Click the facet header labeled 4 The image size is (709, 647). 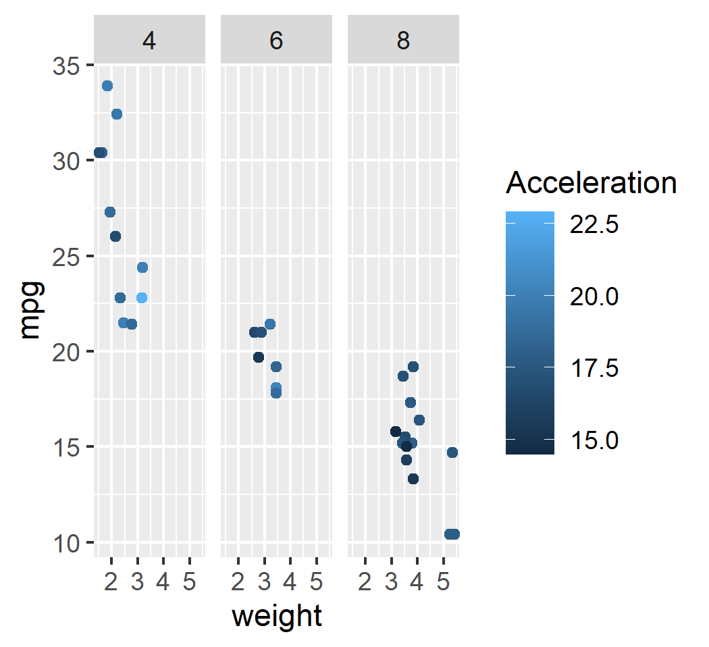coord(149,41)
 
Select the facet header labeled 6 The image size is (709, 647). coord(276,41)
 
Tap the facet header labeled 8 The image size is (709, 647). coord(403,41)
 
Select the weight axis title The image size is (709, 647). coord(276,616)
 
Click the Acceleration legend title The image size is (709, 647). coord(591,183)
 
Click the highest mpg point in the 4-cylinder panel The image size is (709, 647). coord(107,86)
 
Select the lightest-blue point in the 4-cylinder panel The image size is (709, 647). coord(141,298)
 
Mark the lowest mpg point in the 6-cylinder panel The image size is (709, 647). coord(275,393)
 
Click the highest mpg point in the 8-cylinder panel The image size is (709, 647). coord(413,367)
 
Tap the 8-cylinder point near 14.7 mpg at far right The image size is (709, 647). coord(452,452)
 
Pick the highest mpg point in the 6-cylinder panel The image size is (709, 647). coord(269,324)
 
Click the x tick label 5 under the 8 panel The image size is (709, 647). coord(442,581)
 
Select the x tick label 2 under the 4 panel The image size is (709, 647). coord(111,581)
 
